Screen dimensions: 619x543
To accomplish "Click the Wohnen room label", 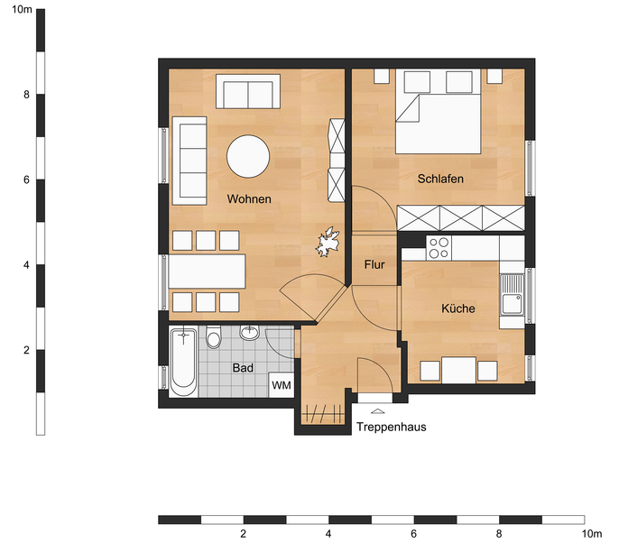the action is point(249,198).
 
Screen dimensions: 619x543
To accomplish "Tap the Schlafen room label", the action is point(440,179).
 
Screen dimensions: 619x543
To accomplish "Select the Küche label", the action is point(458,308).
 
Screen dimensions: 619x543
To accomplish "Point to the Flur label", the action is point(374,264).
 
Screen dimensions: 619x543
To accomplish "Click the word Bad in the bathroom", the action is point(243,368).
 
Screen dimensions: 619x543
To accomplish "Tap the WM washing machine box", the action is point(282,385).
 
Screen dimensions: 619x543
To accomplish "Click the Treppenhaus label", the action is point(392,427).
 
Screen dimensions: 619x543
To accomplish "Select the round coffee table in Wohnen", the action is point(248,156).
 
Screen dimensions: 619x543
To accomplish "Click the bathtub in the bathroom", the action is point(183,362).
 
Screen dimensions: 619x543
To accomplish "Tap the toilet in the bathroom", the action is point(214,337).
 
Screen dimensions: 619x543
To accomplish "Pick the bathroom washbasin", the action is point(249,333).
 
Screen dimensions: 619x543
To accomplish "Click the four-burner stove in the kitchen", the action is point(439,248).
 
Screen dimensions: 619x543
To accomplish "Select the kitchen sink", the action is point(512,295).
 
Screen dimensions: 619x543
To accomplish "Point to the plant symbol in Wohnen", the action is point(328,242).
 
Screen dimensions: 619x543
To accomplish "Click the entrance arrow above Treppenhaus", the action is point(378,410).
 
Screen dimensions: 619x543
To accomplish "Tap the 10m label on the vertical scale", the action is point(22,9).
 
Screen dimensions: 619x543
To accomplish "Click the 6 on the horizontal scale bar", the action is point(413,534).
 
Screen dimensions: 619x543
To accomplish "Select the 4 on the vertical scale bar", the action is point(26,265).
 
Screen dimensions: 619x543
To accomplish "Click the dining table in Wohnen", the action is point(207,271).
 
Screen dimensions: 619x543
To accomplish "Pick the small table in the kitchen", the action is point(458,370).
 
